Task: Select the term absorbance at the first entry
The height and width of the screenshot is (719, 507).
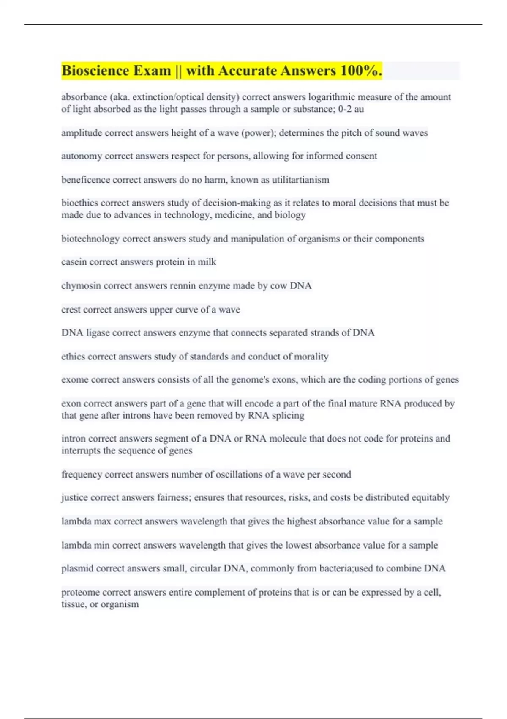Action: [x=84, y=97]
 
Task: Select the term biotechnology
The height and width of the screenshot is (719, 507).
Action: [x=90, y=239]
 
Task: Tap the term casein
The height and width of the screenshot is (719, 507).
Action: [x=74, y=262]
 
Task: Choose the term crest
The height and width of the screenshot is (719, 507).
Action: [x=71, y=310]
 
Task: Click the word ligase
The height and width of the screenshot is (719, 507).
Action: [x=98, y=333]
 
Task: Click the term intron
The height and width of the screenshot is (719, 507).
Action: [x=74, y=439]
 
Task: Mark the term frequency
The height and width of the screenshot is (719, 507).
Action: [x=82, y=475]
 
